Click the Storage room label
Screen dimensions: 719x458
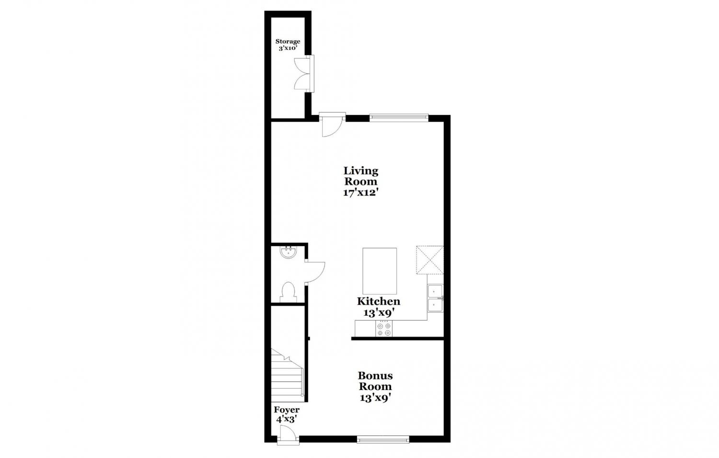(288, 41)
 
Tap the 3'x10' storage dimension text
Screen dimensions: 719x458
(288, 48)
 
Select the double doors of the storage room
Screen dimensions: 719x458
(304, 74)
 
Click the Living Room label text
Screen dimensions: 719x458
(361, 176)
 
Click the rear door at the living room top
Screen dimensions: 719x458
(332, 125)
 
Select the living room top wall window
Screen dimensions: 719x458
(399, 118)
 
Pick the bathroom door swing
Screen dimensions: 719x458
(315, 272)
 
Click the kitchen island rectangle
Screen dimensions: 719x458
(380, 271)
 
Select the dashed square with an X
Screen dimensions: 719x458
(430, 260)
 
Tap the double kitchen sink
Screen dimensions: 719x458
(435, 298)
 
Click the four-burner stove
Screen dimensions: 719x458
(384, 329)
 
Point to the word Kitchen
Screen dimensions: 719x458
(379, 301)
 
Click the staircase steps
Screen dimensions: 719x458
(287, 376)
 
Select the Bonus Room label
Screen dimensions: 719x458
(375, 381)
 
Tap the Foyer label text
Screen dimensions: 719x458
(287, 410)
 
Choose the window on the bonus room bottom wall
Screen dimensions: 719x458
(383, 439)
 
